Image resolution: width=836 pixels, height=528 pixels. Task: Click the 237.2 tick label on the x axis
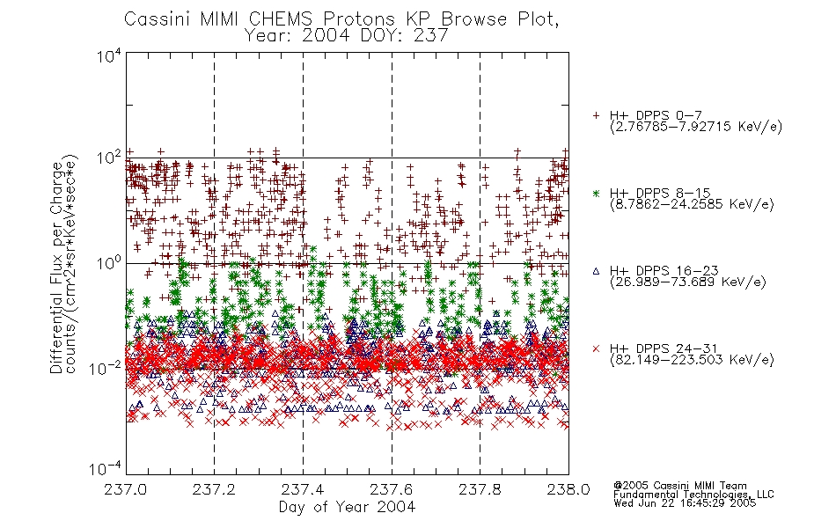click(214, 489)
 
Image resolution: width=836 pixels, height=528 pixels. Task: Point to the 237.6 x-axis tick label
click(392, 489)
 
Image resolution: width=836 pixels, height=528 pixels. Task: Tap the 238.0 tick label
click(568, 489)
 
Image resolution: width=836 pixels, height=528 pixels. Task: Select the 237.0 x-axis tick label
click(125, 489)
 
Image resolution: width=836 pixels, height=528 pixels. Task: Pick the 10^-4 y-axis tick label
click(105, 468)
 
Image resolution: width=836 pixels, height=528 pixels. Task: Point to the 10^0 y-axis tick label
click(109, 262)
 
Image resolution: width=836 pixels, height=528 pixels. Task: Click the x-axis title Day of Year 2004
click(347, 507)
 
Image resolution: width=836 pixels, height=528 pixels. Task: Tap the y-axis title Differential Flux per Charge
click(56, 268)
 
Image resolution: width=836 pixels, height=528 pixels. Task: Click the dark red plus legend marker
click(596, 115)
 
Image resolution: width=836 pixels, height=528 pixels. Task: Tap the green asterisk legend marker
click(596, 193)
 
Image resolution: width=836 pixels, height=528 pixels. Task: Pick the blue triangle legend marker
click(596, 271)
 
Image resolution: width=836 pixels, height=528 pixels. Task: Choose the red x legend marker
click(596, 348)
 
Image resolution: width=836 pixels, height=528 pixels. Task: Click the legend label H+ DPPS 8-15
click(660, 193)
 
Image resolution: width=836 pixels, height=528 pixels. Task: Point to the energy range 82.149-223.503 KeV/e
click(692, 359)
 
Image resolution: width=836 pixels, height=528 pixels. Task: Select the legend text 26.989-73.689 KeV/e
click(688, 282)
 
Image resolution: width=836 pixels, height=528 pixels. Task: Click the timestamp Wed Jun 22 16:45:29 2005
click(685, 502)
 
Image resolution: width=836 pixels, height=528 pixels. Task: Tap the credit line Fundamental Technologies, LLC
click(693, 495)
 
